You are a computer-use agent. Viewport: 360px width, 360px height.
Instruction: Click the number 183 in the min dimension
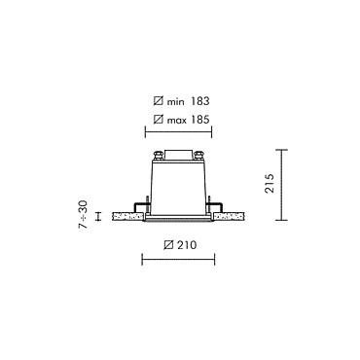[x=200, y=101]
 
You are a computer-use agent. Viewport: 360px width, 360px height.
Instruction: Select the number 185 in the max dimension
[x=200, y=120]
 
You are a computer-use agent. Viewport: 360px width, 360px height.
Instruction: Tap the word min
[x=175, y=102]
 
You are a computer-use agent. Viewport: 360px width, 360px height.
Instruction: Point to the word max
[x=177, y=121]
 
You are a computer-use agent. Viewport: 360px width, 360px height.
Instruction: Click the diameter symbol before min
[x=159, y=101]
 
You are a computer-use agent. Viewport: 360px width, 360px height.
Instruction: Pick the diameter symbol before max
[x=159, y=120]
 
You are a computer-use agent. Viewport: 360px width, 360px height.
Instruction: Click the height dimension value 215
[x=270, y=184]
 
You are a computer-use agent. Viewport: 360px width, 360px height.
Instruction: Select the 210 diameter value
[x=187, y=245]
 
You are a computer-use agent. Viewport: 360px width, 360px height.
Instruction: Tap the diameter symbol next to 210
[x=168, y=245]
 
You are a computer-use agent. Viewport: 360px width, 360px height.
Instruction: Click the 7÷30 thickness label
[x=84, y=214]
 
